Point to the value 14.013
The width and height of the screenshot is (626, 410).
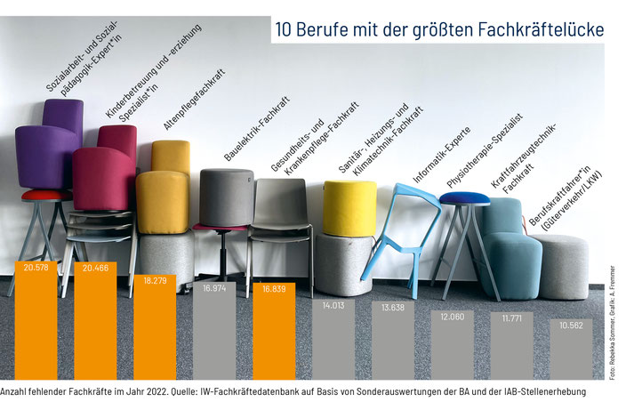click(333, 307)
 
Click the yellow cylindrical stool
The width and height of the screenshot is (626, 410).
click(349, 208)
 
